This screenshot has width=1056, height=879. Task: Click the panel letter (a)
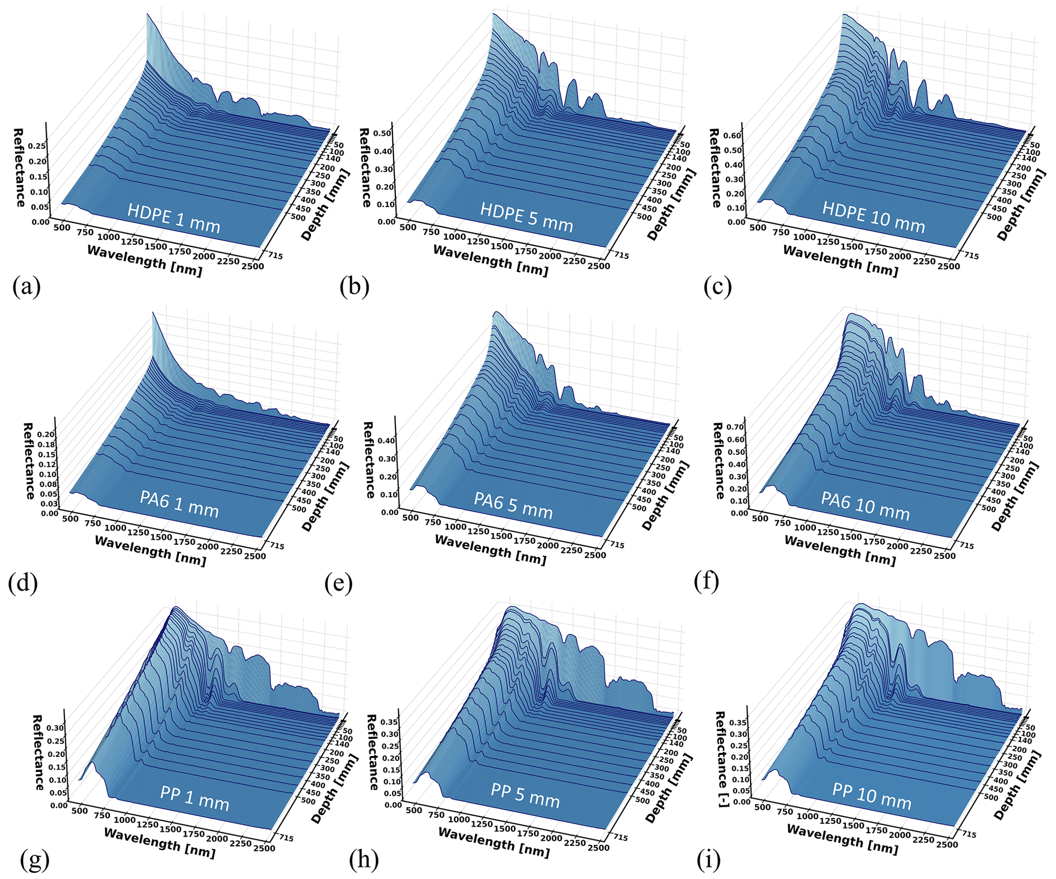[x=27, y=287]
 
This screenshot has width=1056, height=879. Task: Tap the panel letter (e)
[x=338, y=583]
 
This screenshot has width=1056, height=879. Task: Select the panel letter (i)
[x=709, y=860]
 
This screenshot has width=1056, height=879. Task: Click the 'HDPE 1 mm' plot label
[x=174, y=219]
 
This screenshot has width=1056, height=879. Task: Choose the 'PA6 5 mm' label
[x=513, y=505]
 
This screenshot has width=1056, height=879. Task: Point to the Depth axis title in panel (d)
[x=325, y=496]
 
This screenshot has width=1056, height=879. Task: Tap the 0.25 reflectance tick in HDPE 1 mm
[x=38, y=146]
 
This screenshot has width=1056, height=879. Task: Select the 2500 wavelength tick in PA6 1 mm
[x=255, y=556]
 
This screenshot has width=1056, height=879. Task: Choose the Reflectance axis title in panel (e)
[x=369, y=460]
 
